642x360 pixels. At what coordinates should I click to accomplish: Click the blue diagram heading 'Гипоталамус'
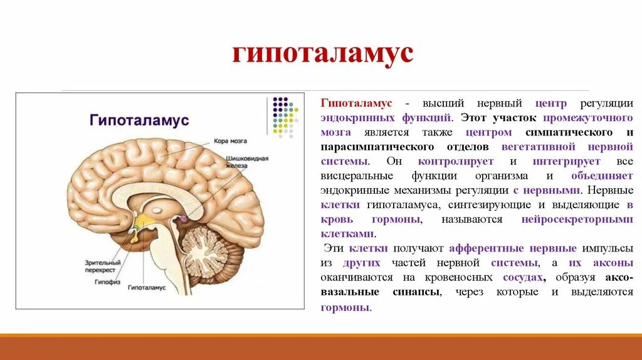140,119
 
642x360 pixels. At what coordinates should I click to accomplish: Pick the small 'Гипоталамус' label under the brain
146,289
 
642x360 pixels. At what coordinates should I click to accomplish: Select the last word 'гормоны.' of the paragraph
345,307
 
